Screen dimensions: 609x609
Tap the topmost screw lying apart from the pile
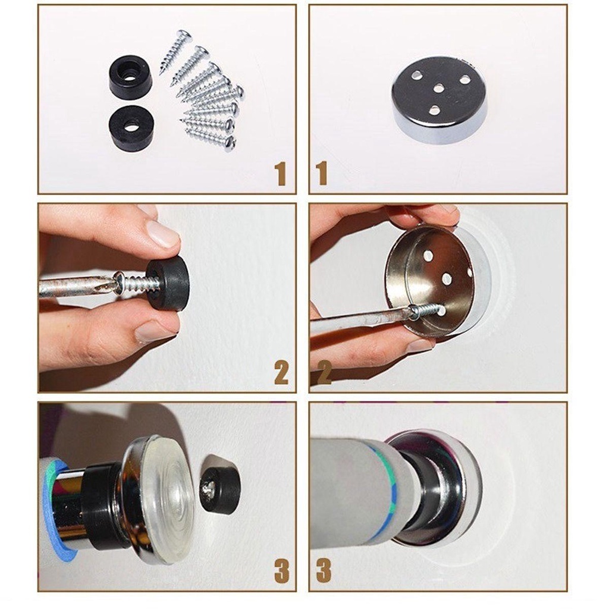(175, 52)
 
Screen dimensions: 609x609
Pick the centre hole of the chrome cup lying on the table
(438, 89)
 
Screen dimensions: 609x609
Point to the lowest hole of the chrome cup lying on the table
(435, 111)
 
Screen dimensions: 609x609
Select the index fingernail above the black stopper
(162, 234)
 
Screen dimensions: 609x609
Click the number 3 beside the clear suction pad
(281, 571)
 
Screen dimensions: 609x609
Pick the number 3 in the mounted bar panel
(323, 571)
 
